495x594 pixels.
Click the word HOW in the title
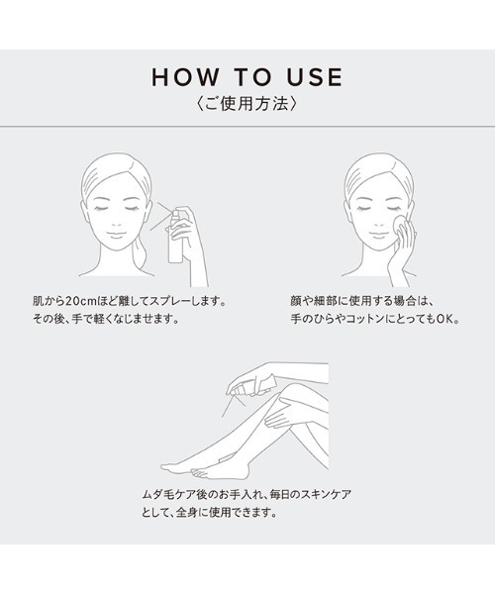click(185, 77)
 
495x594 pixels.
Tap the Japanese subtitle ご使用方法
click(247, 104)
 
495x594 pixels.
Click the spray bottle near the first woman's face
click(177, 235)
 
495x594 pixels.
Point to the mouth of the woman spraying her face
click(117, 235)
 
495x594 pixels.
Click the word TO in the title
click(252, 77)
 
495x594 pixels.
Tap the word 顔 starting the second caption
click(296, 301)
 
